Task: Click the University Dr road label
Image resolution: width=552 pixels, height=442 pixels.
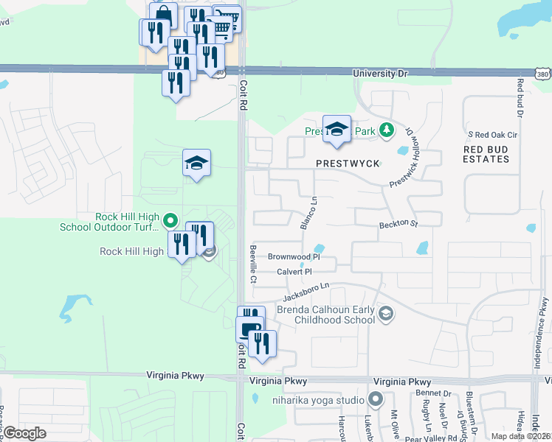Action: [380, 74]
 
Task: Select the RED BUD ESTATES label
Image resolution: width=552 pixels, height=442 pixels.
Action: [486, 154]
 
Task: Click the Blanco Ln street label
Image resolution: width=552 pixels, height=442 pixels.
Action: [308, 213]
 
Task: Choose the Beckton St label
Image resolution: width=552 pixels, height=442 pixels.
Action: [399, 224]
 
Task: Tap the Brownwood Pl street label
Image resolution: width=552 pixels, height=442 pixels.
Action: [294, 257]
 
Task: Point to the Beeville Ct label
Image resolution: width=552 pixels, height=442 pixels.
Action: [252, 264]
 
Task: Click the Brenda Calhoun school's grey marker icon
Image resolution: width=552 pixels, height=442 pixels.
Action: [384, 315]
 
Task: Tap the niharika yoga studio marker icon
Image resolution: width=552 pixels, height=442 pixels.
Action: [376, 400]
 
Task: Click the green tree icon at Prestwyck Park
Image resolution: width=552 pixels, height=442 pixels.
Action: [386, 131]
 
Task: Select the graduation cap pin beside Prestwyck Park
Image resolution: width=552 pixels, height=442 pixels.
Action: [337, 129]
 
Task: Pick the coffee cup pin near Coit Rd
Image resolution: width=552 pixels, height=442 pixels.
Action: [249, 329]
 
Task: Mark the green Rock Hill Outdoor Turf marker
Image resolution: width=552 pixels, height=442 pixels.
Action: [170, 220]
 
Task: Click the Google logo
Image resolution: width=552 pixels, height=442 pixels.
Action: [25, 434]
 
